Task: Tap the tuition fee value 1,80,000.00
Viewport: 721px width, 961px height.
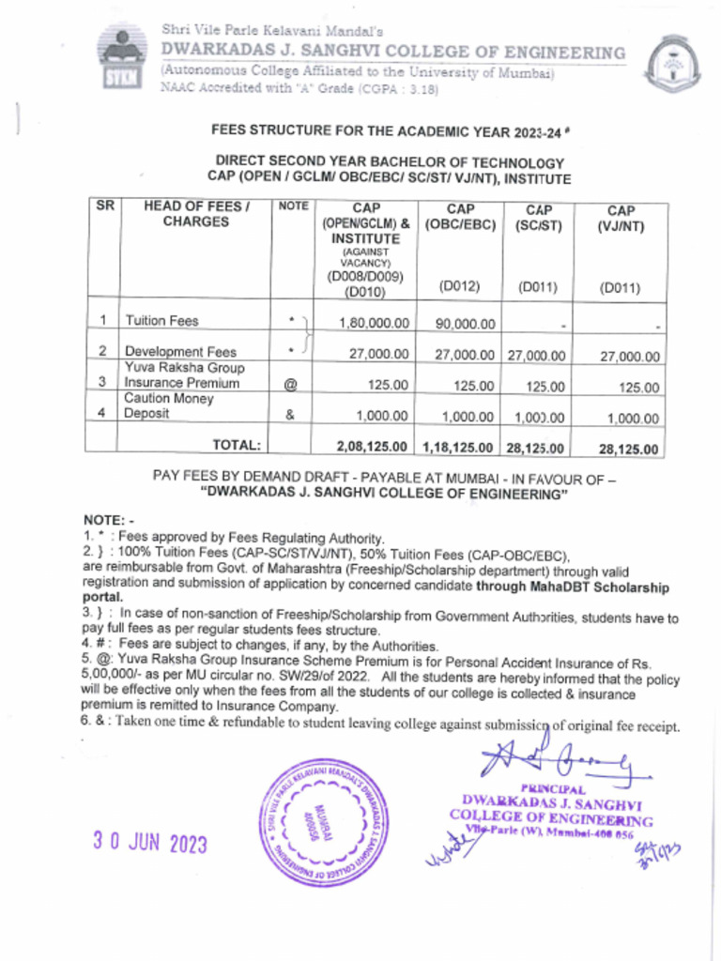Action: pyautogui.click(x=374, y=323)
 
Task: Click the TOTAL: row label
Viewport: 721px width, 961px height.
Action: pyautogui.click(x=237, y=445)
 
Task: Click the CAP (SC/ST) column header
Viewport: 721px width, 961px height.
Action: pyautogui.click(x=538, y=219)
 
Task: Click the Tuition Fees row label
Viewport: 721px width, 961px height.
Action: pyautogui.click(x=162, y=321)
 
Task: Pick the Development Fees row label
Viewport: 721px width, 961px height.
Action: pyautogui.click(x=181, y=352)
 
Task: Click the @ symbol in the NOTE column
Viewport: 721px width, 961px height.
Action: pyautogui.click(x=290, y=384)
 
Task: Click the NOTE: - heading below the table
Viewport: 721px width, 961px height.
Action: pyautogui.click(x=109, y=520)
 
